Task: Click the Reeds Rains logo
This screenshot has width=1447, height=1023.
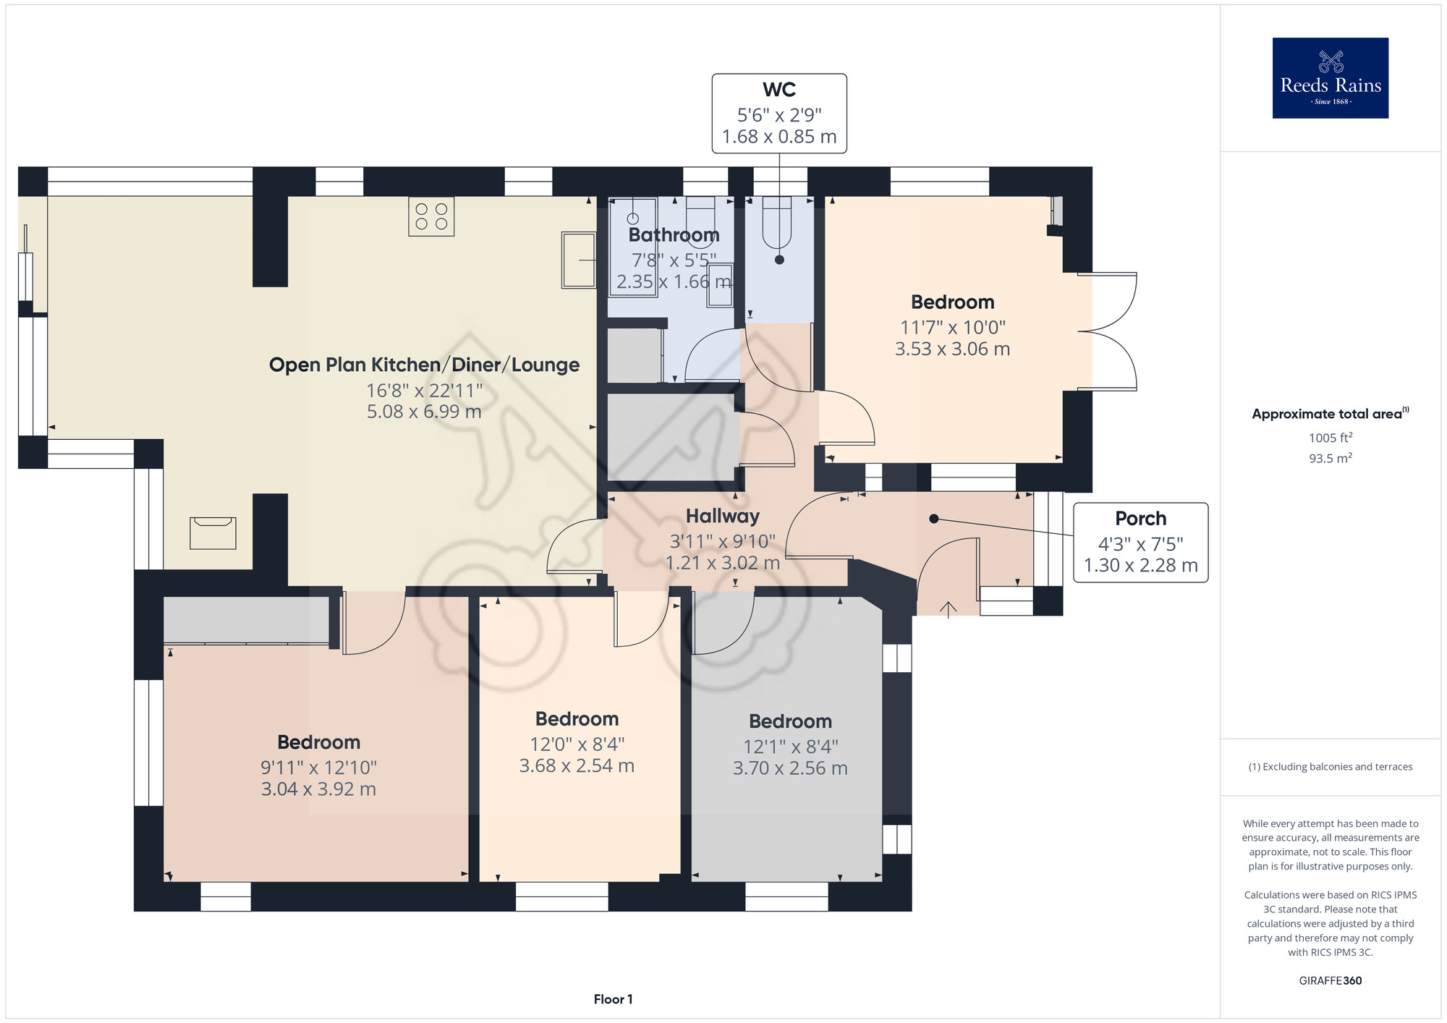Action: [1330, 78]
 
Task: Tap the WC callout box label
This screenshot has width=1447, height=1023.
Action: [779, 90]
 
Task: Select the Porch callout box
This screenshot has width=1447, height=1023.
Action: [1140, 542]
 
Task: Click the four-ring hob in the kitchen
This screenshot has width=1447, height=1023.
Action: [431, 216]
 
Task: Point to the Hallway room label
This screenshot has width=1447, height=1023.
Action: [723, 516]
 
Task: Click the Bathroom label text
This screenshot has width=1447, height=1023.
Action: [674, 235]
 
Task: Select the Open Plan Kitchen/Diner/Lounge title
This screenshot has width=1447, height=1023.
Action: [424, 365]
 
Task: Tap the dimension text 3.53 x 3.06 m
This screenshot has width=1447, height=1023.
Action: [952, 349]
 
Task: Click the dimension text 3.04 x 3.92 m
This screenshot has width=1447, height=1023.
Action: [318, 789]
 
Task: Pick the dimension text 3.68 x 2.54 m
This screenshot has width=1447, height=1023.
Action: [577, 765]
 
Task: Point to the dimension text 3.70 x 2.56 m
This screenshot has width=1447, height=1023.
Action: [790, 768]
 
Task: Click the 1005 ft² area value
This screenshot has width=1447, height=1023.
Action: [1331, 438]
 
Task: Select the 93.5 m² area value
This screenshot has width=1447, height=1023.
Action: [1331, 458]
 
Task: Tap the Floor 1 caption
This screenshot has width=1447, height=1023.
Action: [613, 999]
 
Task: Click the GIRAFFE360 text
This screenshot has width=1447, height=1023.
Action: [1331, 981]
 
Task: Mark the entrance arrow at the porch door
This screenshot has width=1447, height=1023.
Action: [948, 609]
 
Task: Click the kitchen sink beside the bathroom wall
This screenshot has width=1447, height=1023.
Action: [579, 260]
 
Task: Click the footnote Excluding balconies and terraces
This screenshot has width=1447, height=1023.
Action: [1331, 767]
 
